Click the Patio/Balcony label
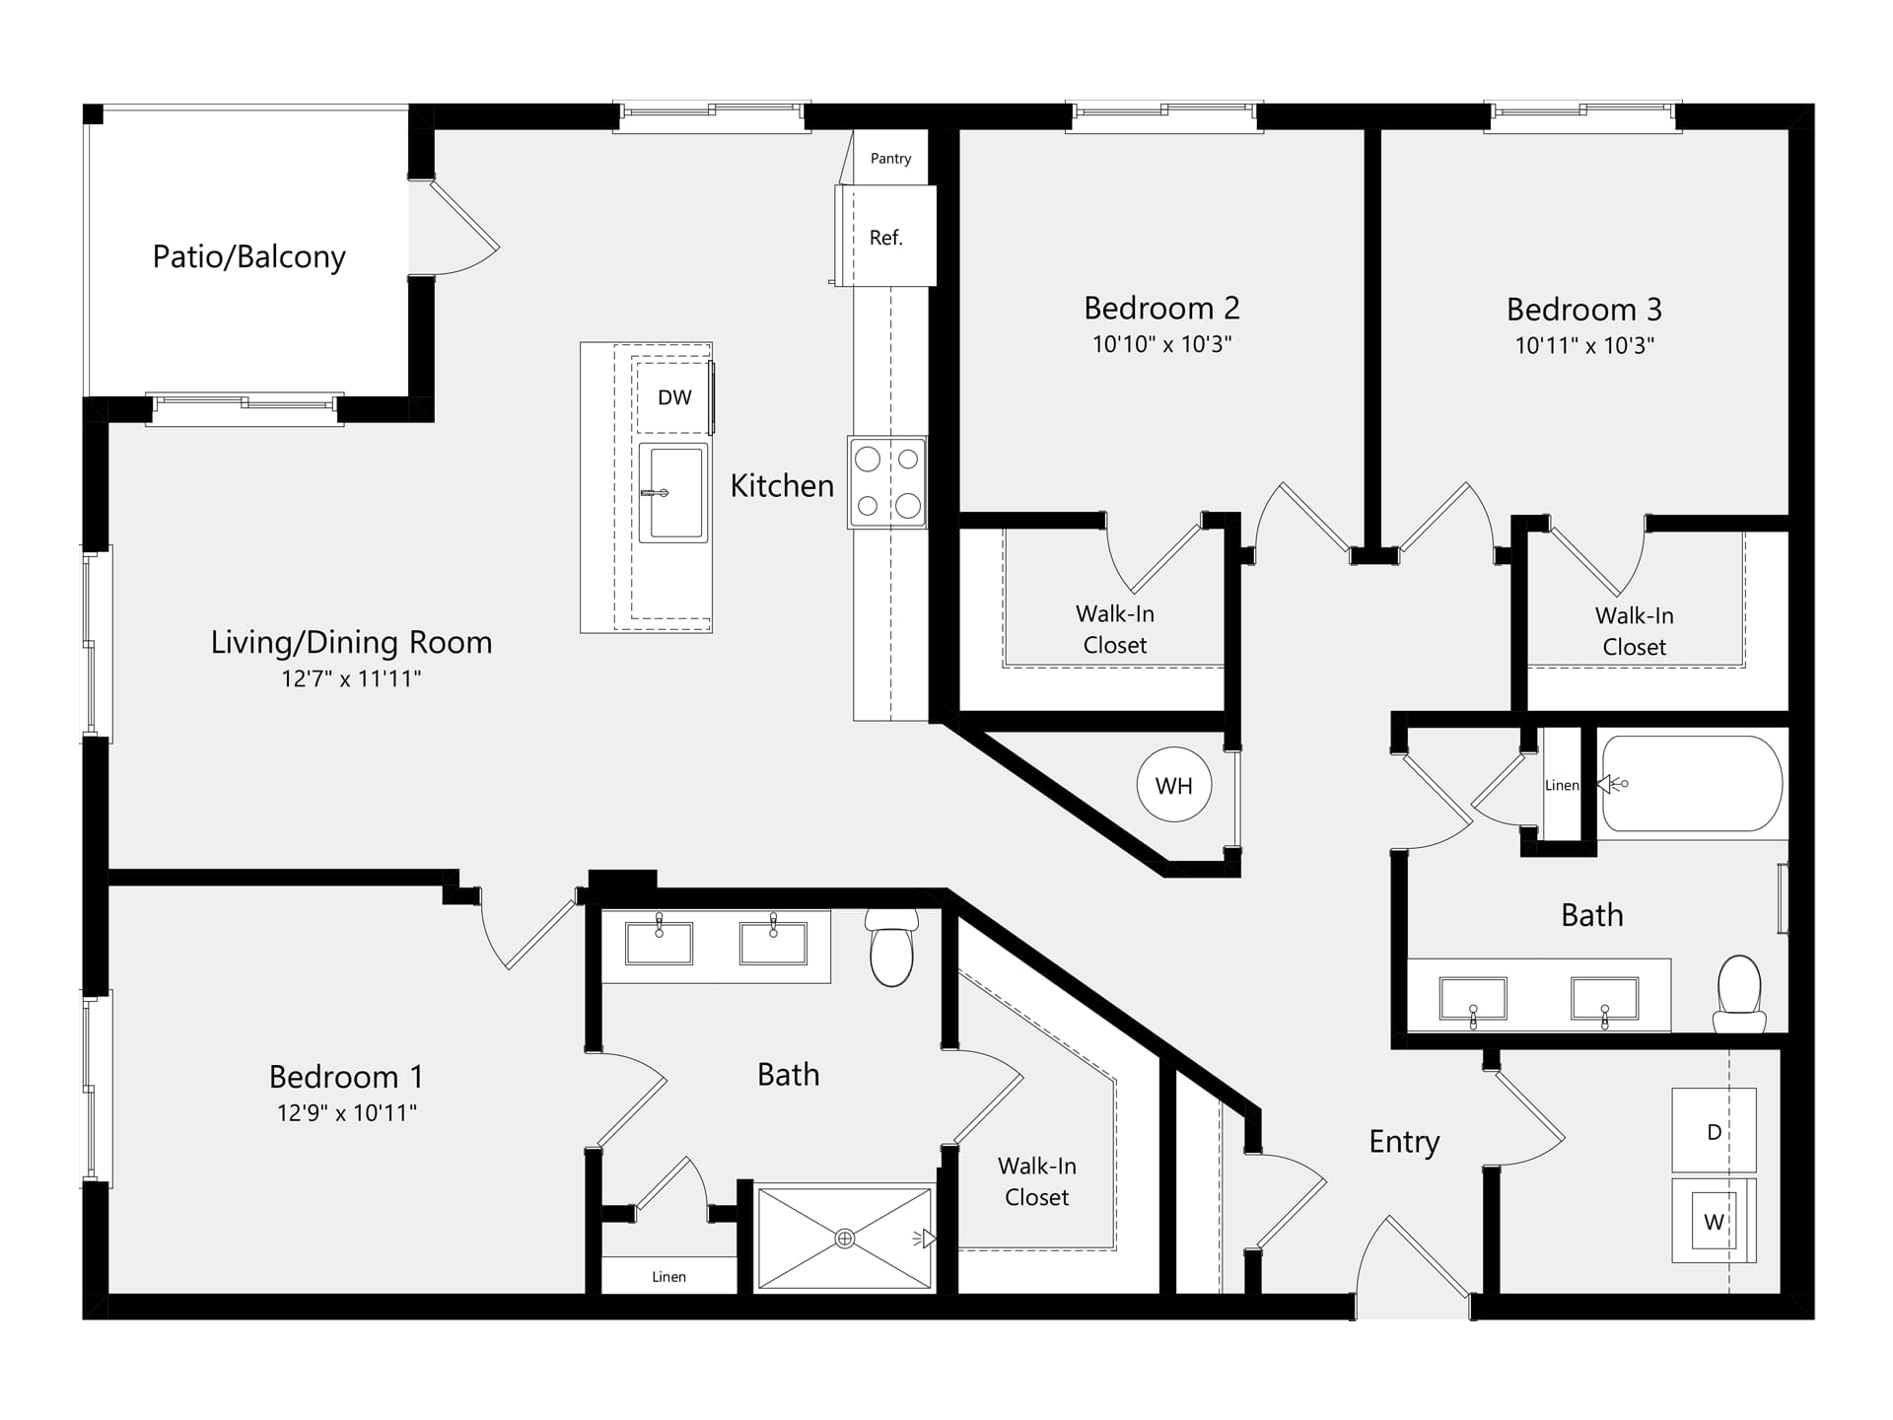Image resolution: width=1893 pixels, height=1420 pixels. (249, 256)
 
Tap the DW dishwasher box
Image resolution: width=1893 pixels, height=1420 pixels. (673, 397)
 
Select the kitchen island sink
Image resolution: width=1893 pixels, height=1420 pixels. (673, 492)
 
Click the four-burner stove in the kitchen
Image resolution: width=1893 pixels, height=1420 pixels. (887, 482)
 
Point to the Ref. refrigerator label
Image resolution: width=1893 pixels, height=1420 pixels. (886, 238)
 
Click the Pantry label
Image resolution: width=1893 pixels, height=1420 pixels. (890, 159)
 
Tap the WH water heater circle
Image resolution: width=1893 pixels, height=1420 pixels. (1174, 785)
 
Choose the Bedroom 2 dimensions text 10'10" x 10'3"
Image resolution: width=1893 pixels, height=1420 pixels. (1161, 344)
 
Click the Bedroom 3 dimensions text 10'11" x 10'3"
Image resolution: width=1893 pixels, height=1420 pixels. (1584, 345)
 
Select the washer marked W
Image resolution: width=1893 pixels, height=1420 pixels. (1714, 1221)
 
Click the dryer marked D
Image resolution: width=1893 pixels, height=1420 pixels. (1714, 1130)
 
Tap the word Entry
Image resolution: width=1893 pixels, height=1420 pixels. (1404, 1142)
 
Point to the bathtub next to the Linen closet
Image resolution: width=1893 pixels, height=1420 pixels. (1692, 784)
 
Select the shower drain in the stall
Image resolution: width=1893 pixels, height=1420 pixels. (845, 1239)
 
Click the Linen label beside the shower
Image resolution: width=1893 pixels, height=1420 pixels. (668, 1277)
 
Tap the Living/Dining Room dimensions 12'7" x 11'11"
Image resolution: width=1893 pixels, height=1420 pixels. (351, 678)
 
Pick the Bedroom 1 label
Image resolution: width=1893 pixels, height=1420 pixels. (346, 1076)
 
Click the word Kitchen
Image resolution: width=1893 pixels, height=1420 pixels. (782, 485)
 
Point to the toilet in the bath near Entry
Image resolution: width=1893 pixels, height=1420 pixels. (1739, 993)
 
